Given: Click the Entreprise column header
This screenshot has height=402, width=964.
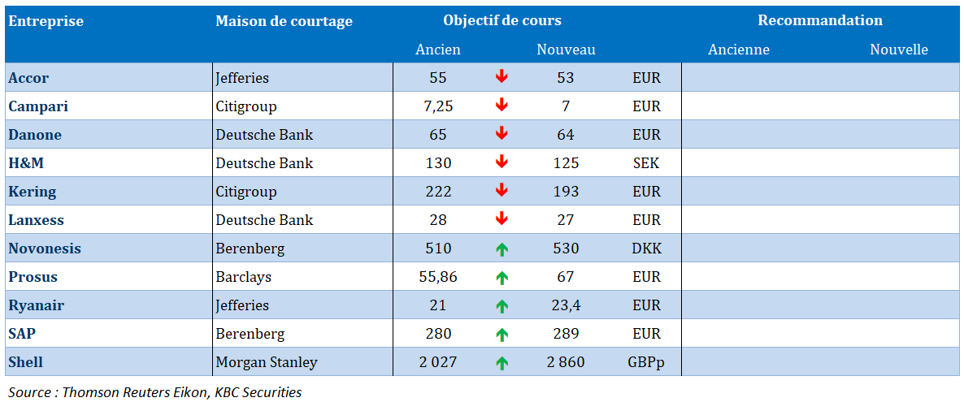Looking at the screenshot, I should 46,21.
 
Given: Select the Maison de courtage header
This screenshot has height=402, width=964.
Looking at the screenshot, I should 284,21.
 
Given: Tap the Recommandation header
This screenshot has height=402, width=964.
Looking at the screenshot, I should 819,21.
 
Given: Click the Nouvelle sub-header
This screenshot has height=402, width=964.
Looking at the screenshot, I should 898,50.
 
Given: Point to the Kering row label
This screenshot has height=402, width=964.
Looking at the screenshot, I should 33,192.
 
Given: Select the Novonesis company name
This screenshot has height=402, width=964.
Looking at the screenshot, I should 45,249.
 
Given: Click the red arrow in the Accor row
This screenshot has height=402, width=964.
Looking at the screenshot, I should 502,77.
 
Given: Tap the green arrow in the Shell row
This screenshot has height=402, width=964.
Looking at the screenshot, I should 502,362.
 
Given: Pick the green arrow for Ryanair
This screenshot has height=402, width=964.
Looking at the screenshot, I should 502,305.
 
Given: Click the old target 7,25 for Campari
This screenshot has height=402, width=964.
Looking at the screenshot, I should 438,106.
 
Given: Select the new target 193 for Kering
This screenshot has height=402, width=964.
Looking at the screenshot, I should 566,192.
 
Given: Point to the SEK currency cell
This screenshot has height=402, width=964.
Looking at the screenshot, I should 646,163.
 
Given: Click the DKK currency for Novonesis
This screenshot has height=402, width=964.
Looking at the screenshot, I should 646,249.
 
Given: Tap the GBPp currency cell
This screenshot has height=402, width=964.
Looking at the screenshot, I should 646,362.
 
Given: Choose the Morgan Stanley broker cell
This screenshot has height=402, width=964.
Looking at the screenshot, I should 266,362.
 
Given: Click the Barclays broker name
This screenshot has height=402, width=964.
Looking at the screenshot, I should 243,277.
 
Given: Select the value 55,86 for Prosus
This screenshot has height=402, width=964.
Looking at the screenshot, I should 438,277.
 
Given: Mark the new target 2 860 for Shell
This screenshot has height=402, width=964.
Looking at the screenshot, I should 566,362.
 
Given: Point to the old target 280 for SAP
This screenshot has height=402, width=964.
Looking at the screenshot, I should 438,334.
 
